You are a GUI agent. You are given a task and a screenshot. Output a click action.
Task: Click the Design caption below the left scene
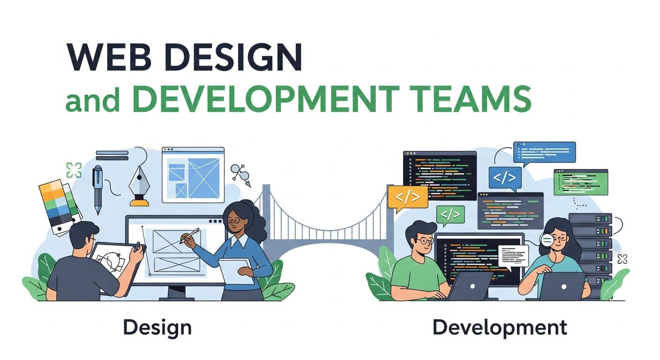coord(157,327)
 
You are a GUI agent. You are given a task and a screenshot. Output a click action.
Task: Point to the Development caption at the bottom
coord(500,327)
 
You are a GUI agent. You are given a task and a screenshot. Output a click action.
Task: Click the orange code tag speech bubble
coord(408,197)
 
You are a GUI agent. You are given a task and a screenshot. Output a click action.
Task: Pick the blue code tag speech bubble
coord(505,179)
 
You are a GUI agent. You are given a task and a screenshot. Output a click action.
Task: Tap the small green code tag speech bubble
coord(450,215)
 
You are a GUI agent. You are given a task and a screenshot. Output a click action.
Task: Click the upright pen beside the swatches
coord(97,187)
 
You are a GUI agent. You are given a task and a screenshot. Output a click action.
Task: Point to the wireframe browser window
coord(193,174)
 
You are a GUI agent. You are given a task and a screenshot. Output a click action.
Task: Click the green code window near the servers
coord(580,182)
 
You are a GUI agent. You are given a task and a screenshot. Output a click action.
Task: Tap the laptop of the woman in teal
coord(562,286)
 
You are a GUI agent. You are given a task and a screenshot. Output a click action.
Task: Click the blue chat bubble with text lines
coord(544,152)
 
